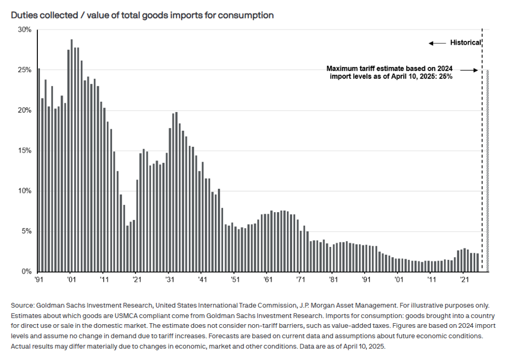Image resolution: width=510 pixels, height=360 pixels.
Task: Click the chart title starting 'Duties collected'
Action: (x=142, y=15)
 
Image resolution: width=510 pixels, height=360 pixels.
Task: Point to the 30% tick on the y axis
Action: (x=25, y=30)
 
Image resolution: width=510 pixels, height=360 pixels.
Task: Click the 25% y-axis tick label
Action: (x=25, y=70)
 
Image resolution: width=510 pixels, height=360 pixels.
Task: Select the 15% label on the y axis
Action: (x=25, y=151)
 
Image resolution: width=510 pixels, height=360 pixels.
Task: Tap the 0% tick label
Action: (x=27, y=272)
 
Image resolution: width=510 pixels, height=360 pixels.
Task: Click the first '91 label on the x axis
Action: (x=39, y=280)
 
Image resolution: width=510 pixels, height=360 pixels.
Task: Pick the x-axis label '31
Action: (x=170, y=280)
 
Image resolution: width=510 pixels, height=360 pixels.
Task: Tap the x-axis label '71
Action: (x=301, y=280)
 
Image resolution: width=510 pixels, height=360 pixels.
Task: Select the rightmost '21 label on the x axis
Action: (x=464, y=280)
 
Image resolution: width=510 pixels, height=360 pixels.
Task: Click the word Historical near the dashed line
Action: (x=465, y=43)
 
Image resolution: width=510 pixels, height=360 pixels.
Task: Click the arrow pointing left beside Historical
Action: (x=437, y=43)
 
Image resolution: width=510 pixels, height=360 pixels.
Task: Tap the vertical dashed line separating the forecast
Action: (x=482, y=153)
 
